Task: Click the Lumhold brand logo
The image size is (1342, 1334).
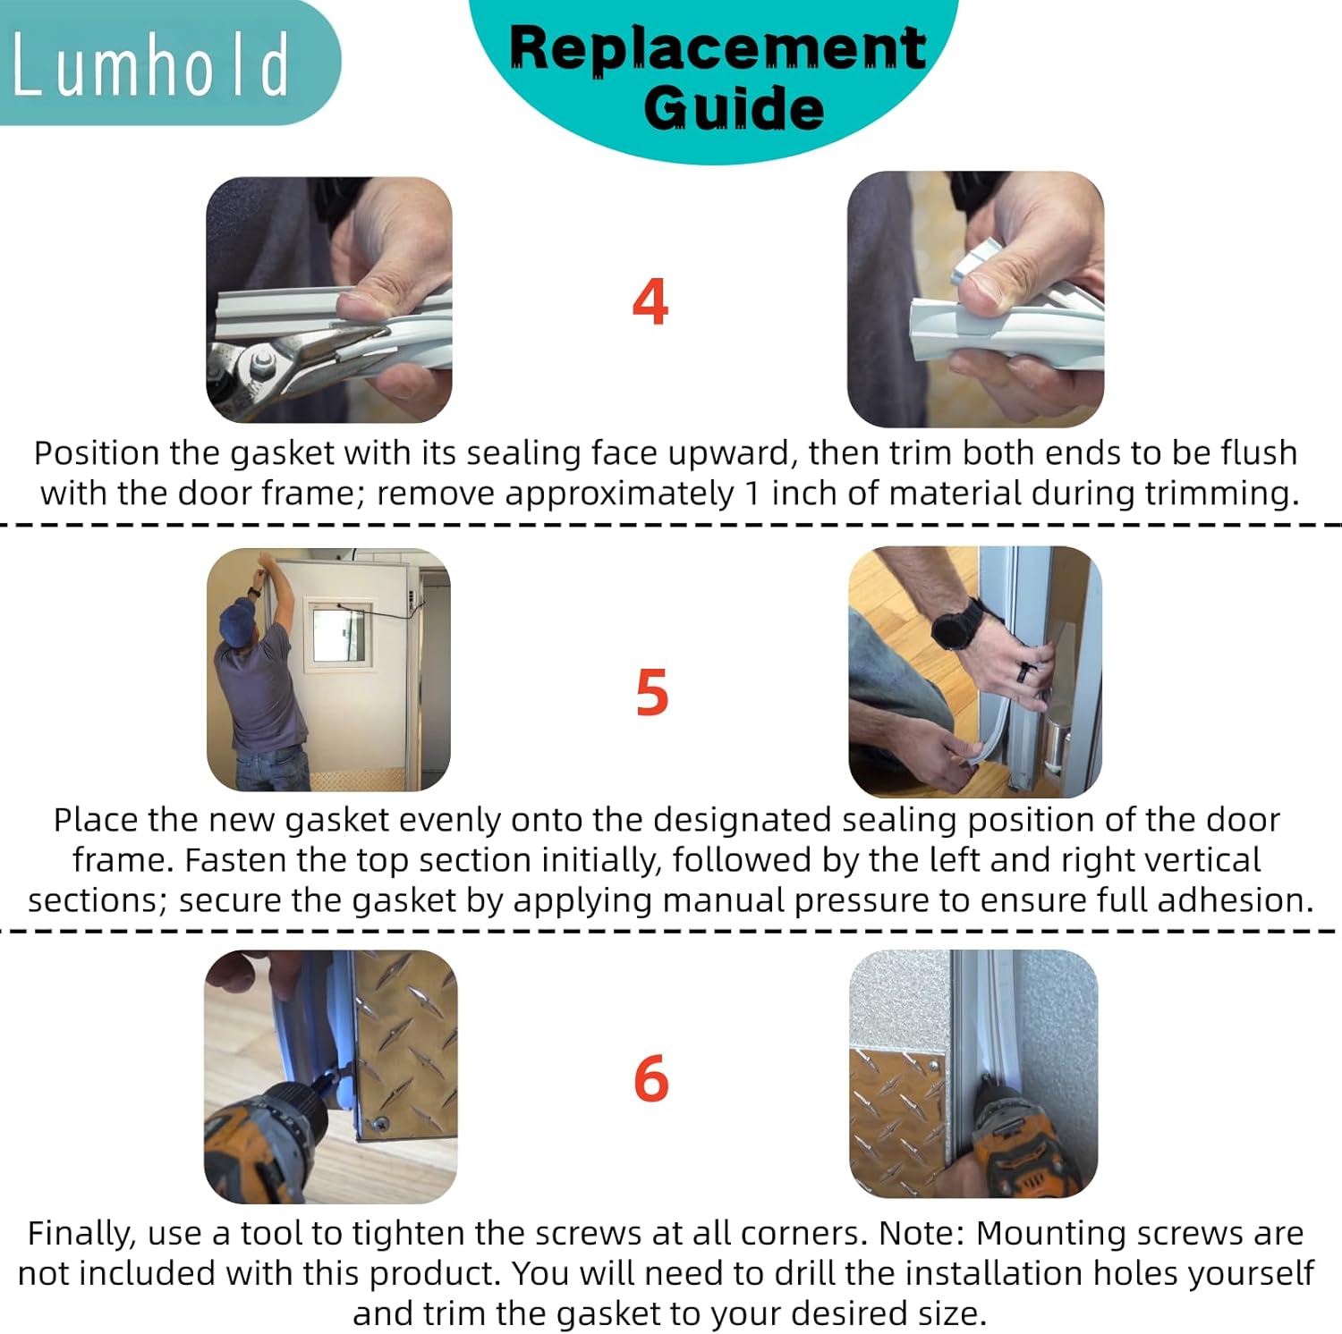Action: click(x=150, y=64)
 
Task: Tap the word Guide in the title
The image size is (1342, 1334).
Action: click(x=733, y=108)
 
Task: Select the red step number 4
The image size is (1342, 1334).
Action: click(x=650, y=302)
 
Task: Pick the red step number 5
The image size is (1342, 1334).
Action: click(x=651, y=693)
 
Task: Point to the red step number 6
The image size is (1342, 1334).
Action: click(x=650, y=1078)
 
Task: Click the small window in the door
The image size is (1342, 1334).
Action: click(x=338, y=631)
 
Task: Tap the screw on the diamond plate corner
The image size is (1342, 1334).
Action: click(x=382, y=1123)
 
